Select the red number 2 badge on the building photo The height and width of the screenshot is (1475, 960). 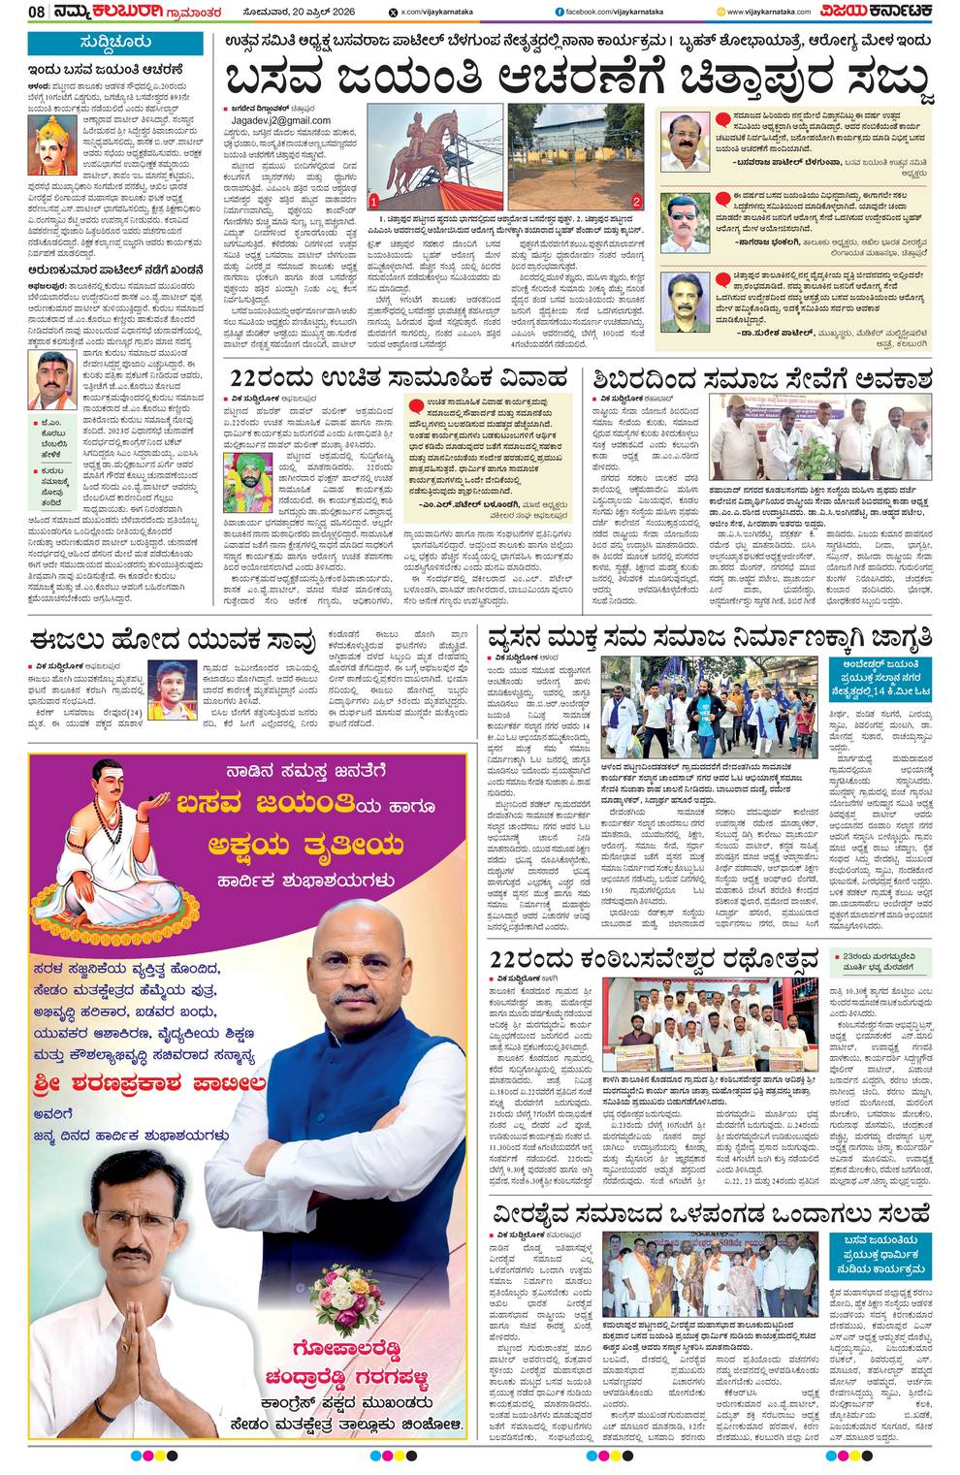coord(636,201)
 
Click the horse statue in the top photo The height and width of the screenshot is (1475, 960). coord(428,145)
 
